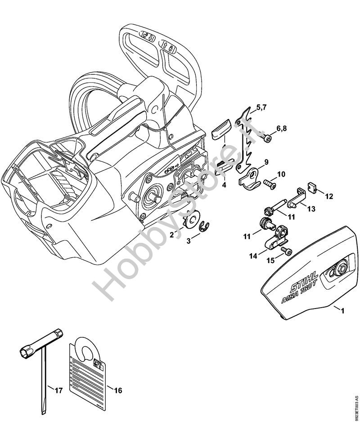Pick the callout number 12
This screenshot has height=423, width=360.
pyautogui.click(x=329, y=196)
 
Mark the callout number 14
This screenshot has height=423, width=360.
pyautogui.click(x=253, y=256)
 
